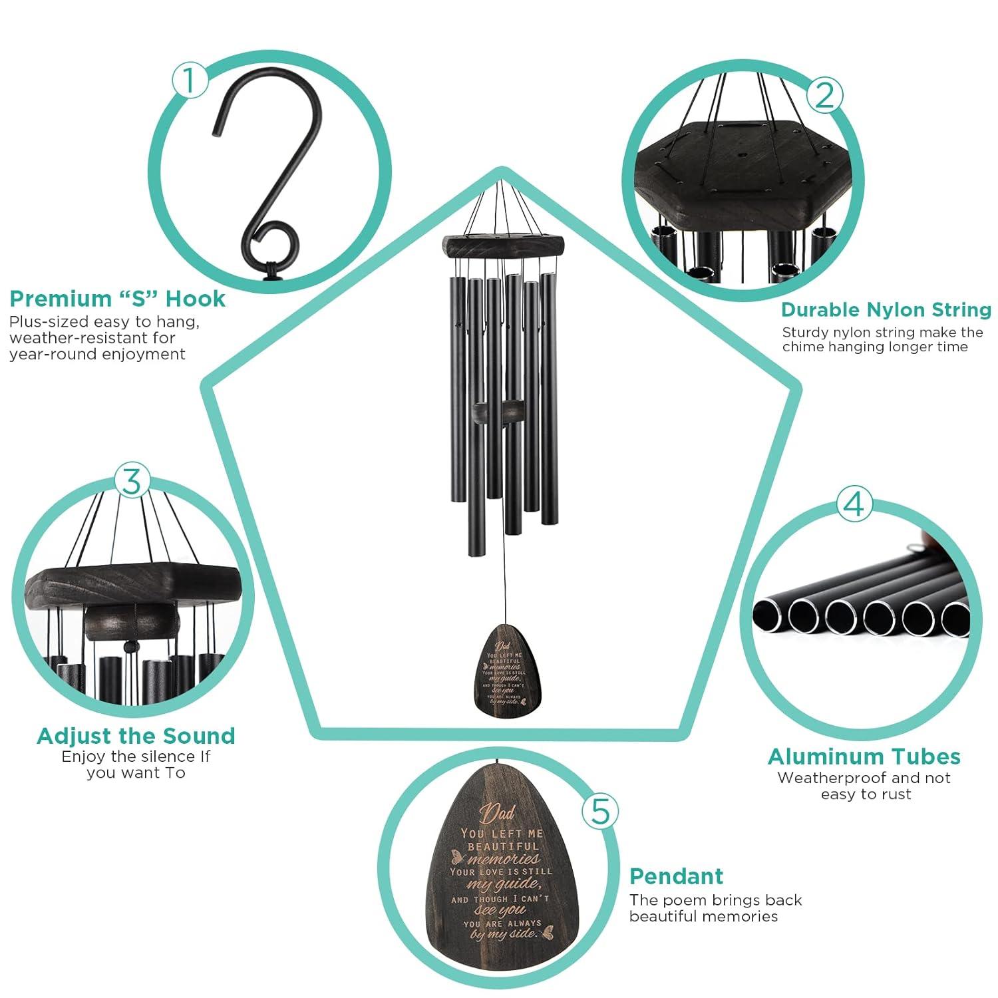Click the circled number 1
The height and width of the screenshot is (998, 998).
click(x=190, y=81)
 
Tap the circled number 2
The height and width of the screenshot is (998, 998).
click(x=824, y=95)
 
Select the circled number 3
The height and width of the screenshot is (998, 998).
click(x=132, y=480)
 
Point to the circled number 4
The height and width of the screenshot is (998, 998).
click(x=854, y=504)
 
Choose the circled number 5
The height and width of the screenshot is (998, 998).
click(x=600, y=811)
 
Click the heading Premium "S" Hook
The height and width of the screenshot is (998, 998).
click(x=118, y=299)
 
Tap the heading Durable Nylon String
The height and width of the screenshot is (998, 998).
click(x=886, y=310)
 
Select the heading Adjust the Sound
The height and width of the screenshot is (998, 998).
click(x=136, y=736)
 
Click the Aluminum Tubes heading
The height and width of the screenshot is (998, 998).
click(x=864, y=756)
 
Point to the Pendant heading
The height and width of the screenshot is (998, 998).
click(x=676, y=876)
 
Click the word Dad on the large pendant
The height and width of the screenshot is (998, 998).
click(x=498, y=814)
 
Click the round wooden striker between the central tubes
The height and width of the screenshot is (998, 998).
click(x=498, y=411)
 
